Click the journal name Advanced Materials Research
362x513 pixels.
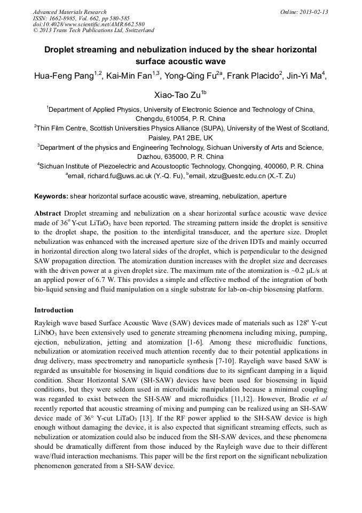coord(69,12)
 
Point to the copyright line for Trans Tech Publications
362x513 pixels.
coord(93,30)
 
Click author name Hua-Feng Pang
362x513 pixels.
coord(64,75)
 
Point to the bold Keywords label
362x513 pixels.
coord(51,196)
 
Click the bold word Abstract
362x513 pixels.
coord(48,213)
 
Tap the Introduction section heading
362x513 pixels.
coord(54,310)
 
